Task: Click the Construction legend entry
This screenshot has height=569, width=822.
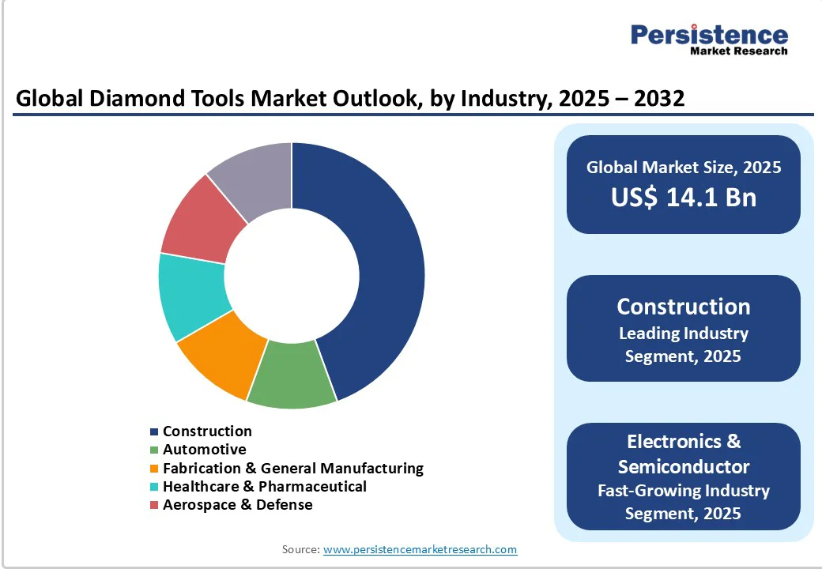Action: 207,431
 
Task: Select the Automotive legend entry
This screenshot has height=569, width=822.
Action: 204,450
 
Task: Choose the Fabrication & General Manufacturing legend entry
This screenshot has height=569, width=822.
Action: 292,468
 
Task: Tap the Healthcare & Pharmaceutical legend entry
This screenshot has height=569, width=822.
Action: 264,486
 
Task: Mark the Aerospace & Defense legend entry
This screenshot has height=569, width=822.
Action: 237,504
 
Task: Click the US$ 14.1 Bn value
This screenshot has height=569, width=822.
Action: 683,198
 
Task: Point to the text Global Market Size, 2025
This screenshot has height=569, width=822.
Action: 683,167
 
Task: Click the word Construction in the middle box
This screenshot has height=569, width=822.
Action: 683,307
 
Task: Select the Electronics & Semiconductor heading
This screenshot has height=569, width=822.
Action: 683,454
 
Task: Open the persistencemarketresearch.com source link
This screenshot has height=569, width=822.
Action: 420,549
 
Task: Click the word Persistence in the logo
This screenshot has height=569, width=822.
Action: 709,35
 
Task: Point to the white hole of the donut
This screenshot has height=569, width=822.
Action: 292,276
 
